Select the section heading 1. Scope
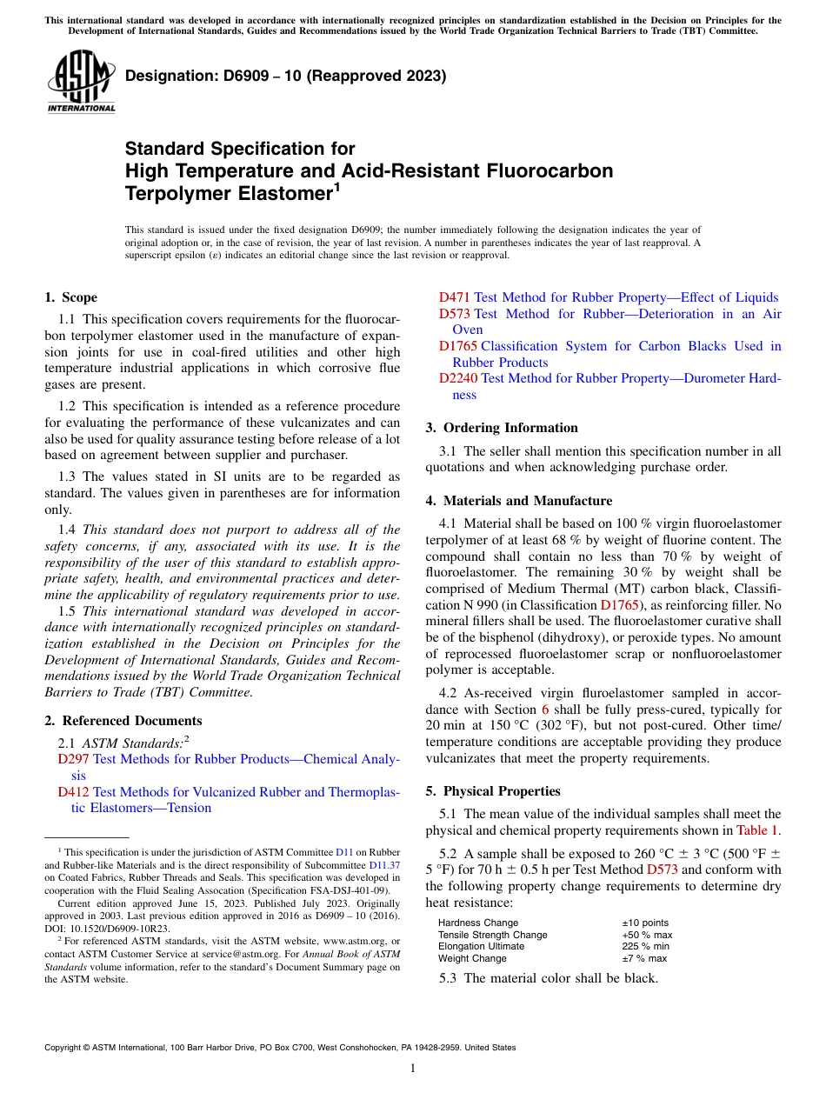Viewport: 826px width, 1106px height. [x=70, y=297]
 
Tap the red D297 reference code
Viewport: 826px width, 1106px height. [x=73, y=759]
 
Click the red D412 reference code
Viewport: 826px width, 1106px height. [x=73, y=792]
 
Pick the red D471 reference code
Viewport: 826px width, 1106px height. [x=454, y=297]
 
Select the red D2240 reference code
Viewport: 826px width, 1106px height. [x=457, y=378]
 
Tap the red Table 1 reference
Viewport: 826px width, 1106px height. [x=758, y=829]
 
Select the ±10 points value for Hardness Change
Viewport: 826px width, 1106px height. [x=644, y=923]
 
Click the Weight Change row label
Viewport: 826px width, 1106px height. [x=472, y=958]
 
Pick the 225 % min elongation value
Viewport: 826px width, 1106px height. [x=645, y=946]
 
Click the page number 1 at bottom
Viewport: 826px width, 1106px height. [x=413, y=1069]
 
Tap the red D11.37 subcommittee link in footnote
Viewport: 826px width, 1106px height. [x=384, y=865]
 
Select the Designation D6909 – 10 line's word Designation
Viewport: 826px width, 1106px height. [x=169, y=76]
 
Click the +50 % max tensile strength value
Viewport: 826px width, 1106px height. [x=646, y=935]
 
